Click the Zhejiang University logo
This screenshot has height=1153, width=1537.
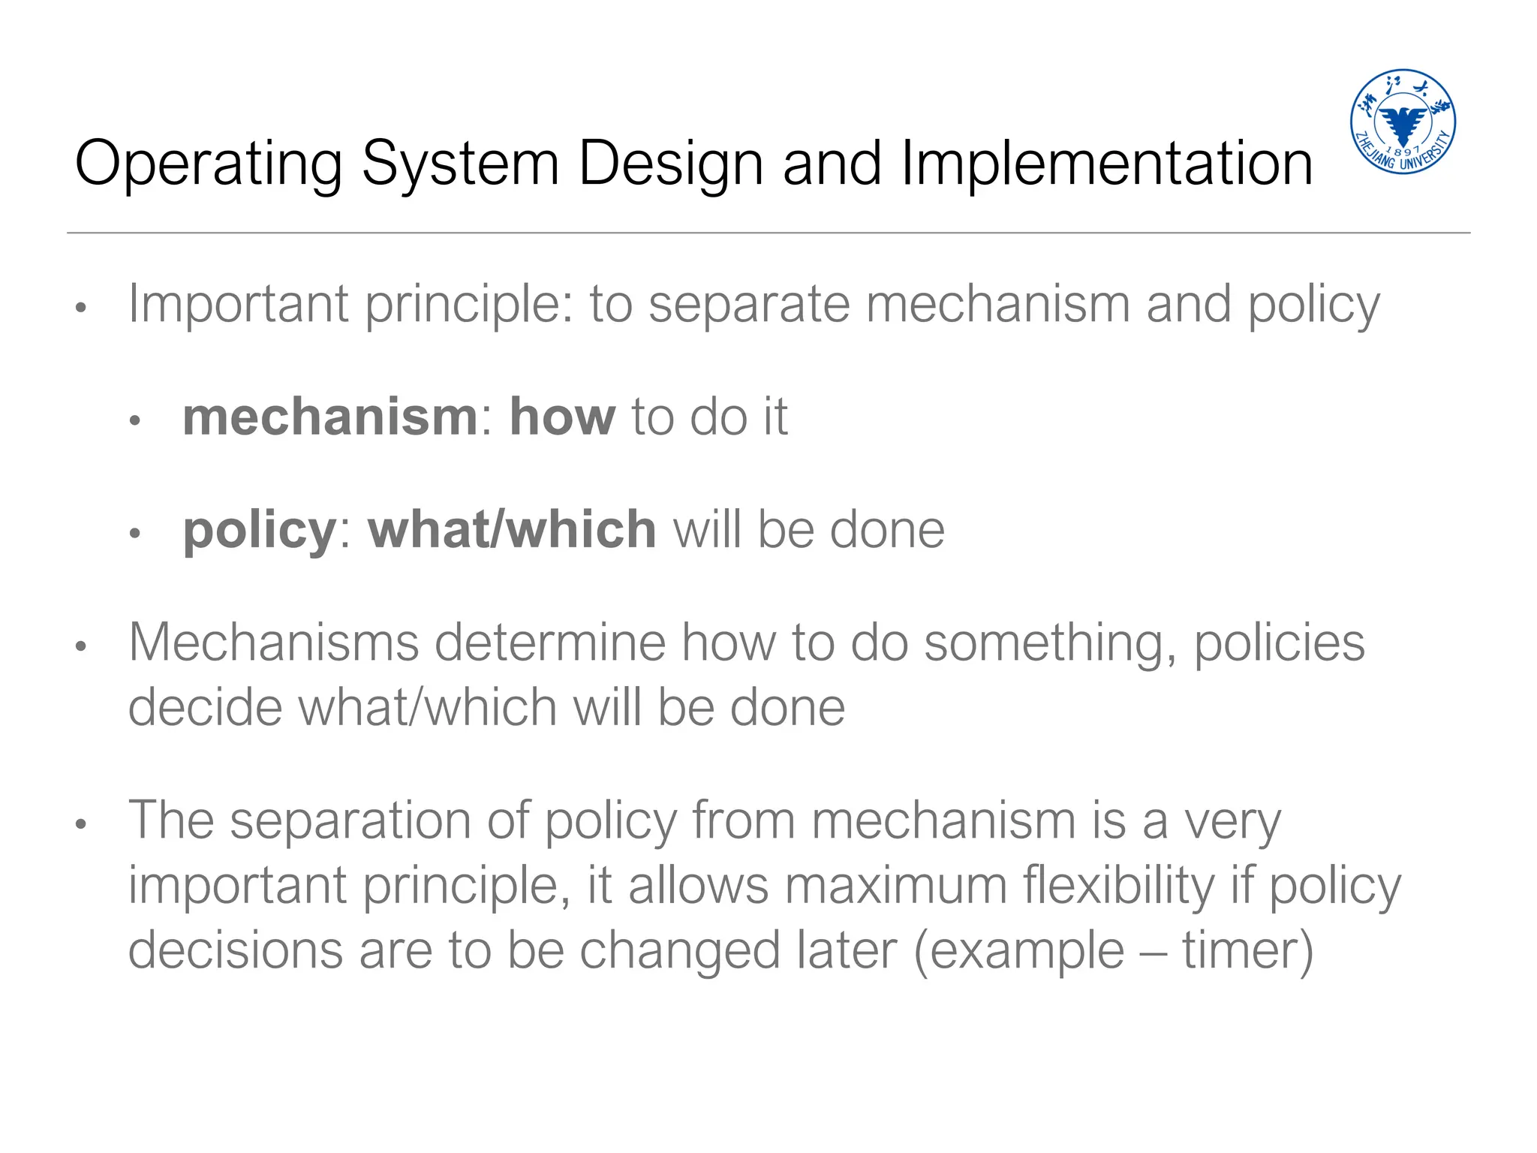[1403, 122]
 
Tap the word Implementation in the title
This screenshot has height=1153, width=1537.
[1106, 164]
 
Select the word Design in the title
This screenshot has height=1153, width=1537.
[670, 164]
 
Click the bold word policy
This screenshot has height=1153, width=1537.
[260, 531]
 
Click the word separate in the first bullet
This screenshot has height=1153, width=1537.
[749, 304]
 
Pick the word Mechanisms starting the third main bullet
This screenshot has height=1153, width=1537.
[273, 643]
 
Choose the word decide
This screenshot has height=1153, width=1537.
[205, 708]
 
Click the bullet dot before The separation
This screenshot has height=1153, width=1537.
[82, 824]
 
